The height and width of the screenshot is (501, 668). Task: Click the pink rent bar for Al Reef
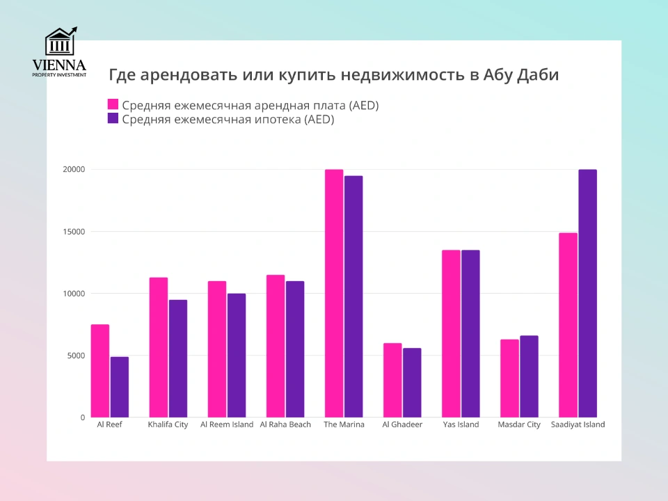point(100,371)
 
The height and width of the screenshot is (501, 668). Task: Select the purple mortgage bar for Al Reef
point(120,387)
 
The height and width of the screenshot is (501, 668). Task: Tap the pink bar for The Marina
point(334,293)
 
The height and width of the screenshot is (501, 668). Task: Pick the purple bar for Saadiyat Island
point(587,293)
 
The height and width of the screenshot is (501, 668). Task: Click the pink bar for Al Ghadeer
point(392,380)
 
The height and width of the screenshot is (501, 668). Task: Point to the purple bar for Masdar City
point(529,376)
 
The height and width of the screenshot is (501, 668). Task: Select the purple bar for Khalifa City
point(178,358)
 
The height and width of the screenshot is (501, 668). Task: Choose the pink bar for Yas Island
point(451,333)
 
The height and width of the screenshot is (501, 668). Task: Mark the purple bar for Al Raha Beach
point(295,349)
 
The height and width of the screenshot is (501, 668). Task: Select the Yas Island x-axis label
point(461,424)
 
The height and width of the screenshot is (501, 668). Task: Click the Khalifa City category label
point(168,424)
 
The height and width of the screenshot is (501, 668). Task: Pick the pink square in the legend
point(113,105)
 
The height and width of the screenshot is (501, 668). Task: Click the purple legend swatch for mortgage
point(113,119)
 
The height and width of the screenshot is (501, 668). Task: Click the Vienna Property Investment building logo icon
point(61,42)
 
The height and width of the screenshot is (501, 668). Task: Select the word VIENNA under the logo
point(59,65)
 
